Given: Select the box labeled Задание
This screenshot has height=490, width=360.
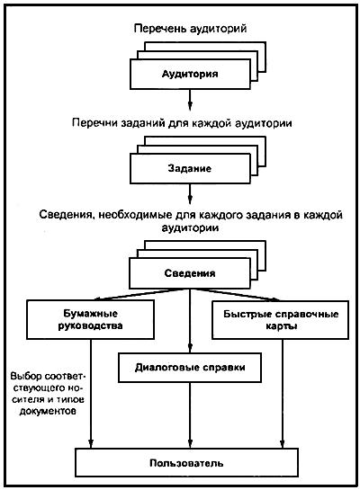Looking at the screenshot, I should tap(190, 167).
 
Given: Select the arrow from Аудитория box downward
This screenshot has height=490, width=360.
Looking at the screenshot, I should tap(190, 99).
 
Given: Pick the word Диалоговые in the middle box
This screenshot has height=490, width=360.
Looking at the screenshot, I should tap(164, 368).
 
